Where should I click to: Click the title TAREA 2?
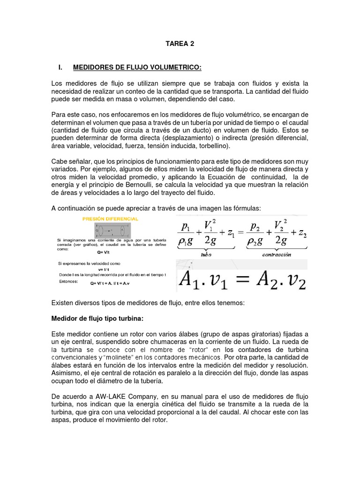click(x=180, y=44)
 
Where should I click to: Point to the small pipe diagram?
click(x=112, y=231)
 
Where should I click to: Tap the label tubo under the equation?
click(x=206, y=255)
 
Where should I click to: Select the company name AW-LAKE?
click(x=106, y=397)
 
